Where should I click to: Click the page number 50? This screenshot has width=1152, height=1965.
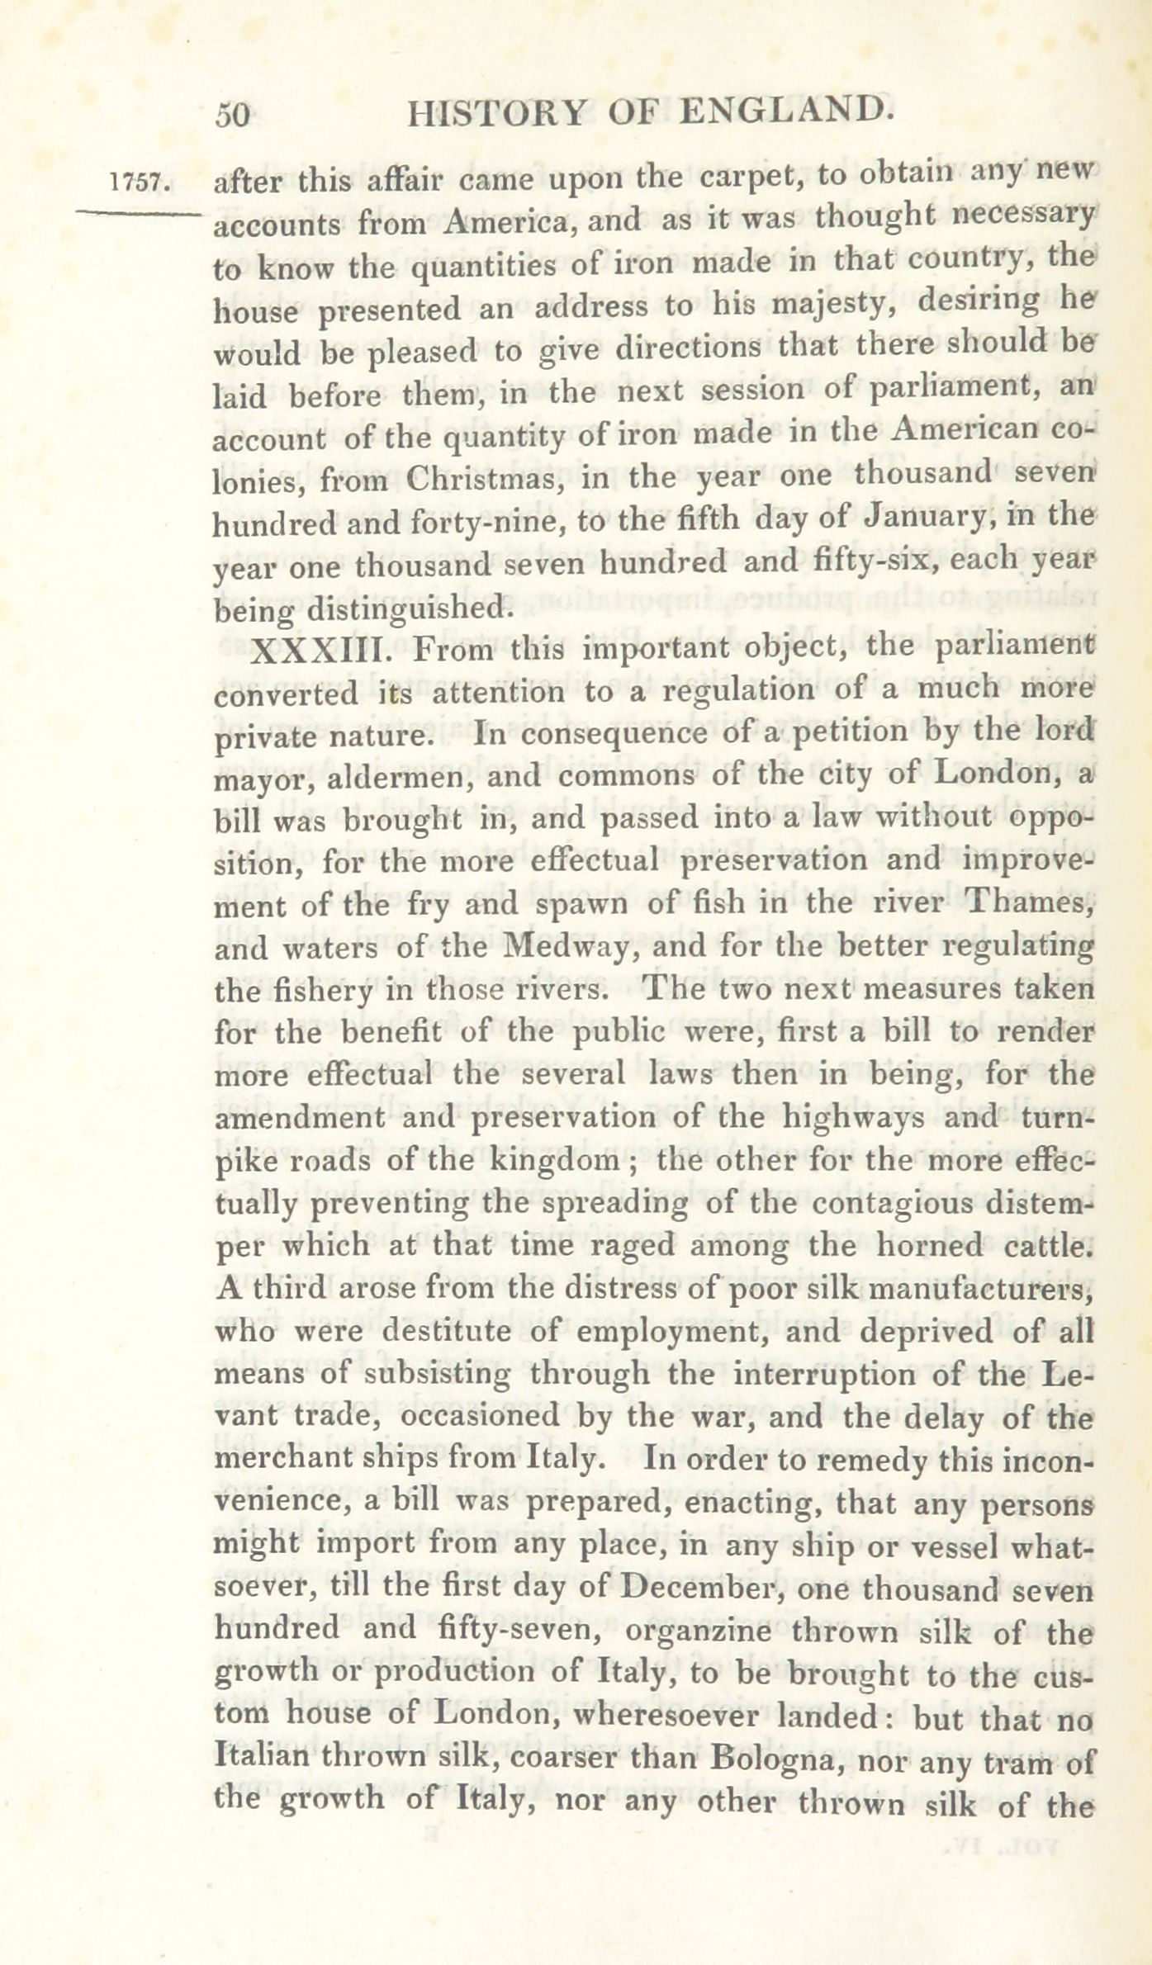pyautogui.click(x=232, y=115)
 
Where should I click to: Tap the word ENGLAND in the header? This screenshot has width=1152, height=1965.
pyautogui.click(x=787, y=111)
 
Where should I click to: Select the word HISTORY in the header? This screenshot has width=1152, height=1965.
pyautogui.click(x=497, y=113)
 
